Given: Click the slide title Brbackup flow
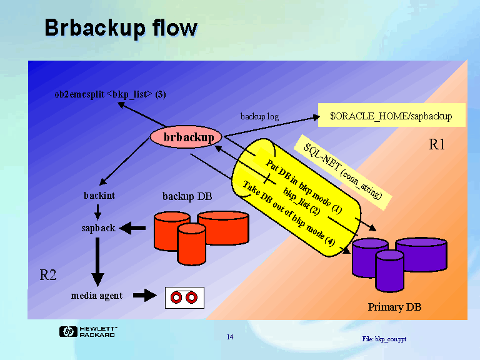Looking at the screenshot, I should coord(121,28).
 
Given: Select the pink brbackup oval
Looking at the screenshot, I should coord(187,137).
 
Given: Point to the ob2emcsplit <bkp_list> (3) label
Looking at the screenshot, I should coord(110,94).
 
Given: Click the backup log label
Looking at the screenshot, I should coord(259,116).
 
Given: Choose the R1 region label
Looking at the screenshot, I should coord(437,145).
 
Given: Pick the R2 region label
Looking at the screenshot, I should coord(48,274).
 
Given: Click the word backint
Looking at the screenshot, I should coord(99,196).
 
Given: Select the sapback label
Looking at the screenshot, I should coord(98,228).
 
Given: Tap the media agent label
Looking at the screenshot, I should coord(97,295).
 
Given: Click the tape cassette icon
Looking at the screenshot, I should coord(184,297).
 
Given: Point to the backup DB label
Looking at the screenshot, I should coord(187,196).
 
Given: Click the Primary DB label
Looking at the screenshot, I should coord(394,307).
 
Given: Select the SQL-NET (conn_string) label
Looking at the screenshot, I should coord(342,168).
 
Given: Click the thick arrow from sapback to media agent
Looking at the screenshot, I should coord(97,260).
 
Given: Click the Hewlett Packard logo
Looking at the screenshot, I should coord(88,332).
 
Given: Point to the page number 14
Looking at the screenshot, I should coord(230,337).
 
